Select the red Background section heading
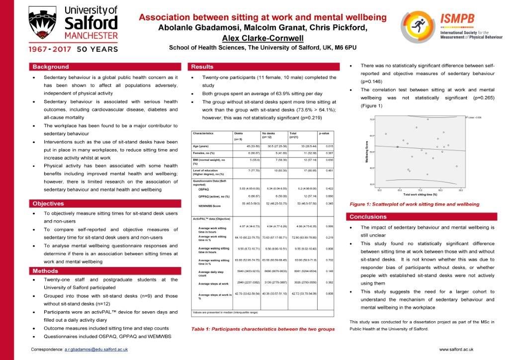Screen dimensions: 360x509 pos(51,67)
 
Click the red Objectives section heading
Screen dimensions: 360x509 pos(48,203)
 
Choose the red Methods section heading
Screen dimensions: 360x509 pos(46,271)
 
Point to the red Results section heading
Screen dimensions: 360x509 pos(202,67)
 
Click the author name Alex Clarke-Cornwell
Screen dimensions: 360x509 pos(262,38)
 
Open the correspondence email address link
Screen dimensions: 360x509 pos(96,350)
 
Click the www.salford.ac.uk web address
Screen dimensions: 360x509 pos(456,350)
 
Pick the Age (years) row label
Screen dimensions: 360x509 pos(202,146)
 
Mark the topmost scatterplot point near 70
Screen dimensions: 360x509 pos(428,119)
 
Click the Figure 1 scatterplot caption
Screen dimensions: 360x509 pos(414,204)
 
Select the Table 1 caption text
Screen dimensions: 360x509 pos(263,329)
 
